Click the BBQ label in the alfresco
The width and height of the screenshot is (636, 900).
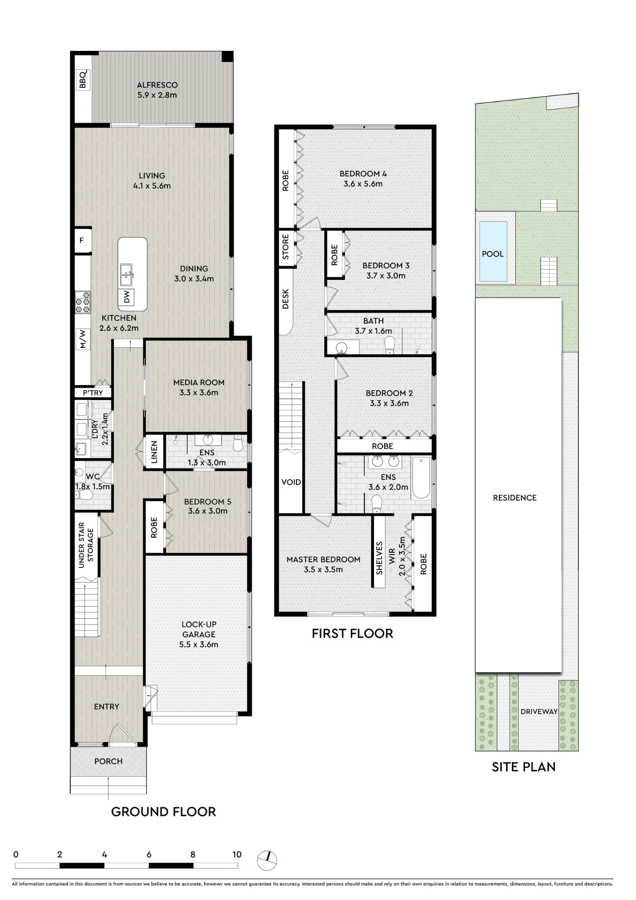tap(83, 80)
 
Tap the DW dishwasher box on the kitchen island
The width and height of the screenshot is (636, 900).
tap(127, 297)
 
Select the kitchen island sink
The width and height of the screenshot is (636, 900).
tap(126, 275)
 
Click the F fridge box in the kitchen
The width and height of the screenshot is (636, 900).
tap(82, 241)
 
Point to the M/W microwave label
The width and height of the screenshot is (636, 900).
tap(82, 339)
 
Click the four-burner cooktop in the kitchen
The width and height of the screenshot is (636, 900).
tap(82, 302)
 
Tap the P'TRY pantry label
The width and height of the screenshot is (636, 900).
tap(93, 393)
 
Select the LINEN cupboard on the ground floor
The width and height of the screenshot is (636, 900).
tap(154, 452)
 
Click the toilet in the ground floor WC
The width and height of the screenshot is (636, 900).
tap(84, 495)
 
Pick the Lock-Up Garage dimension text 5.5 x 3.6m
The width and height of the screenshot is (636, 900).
tap(199, 644)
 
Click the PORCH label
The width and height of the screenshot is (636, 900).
tap(108, 761)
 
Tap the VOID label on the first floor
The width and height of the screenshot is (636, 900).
tap(291, 482)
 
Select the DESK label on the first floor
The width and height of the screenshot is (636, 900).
tap(286, 299)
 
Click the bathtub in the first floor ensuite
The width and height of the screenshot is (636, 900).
tap(421, 477)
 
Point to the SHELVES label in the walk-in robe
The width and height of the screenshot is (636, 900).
tap(379, 558)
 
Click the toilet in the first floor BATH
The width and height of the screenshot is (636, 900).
tap(390, 345)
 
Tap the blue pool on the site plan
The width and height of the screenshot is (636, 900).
tap(493, 250)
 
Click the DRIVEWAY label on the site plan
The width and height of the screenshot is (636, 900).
tap(539, 711)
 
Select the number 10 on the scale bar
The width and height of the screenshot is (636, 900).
tap(237, 854)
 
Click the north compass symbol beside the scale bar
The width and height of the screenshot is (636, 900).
tap(267, 860)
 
